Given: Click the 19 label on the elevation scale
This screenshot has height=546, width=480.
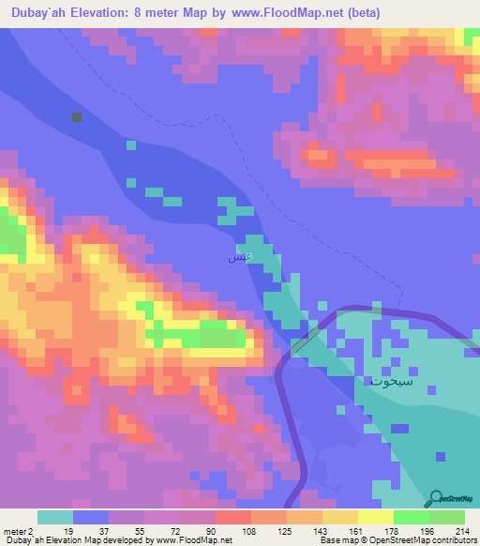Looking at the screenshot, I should (67, 530).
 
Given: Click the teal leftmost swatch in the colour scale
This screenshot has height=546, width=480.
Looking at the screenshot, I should (55, 517).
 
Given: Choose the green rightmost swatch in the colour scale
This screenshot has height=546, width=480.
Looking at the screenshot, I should (447, 517).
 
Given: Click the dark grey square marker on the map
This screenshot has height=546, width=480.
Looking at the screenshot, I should (77, 117).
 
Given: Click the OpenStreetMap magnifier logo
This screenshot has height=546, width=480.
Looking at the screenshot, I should (438, 497).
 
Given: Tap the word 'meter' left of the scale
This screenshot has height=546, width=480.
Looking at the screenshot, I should (14, 530).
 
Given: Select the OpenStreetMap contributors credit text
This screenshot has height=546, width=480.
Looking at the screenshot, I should (412, 540).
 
